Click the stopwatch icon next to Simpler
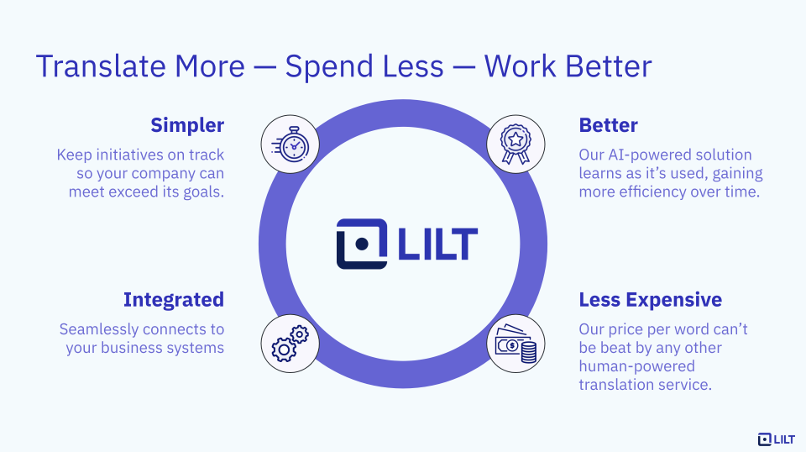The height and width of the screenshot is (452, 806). point(290,144)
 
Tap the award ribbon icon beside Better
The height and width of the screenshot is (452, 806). point(516,144)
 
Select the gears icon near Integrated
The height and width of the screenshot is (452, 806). point(290,344)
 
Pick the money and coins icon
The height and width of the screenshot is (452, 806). point(516,344)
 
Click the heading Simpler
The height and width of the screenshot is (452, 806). point(187,125)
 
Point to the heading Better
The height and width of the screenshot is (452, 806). point(608,125)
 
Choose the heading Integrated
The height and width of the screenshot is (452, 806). point(174,300)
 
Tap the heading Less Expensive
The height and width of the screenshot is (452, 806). point(650,300)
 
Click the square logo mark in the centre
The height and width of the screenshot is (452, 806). point(362,244)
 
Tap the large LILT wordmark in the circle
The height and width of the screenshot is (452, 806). point(437,244)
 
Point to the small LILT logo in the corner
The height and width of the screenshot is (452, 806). point(776,439)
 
